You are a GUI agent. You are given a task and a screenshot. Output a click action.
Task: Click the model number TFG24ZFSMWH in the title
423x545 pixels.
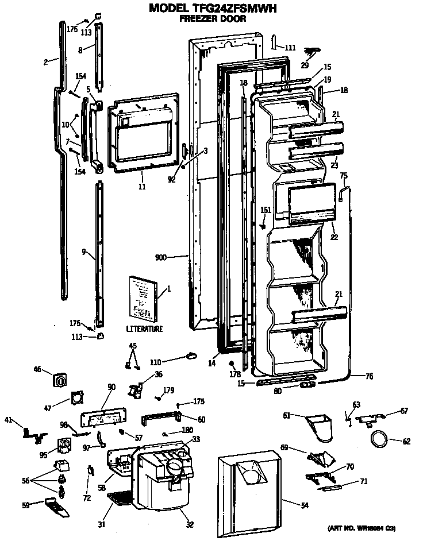point(236,8)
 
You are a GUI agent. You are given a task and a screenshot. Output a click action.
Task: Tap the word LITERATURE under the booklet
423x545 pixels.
point(144,329)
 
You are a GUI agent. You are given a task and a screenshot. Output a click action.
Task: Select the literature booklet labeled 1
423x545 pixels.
point(141,297)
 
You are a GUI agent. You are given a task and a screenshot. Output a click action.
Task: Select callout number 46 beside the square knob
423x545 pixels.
point(37,369)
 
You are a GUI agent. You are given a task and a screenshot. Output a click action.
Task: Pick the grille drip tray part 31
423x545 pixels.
point(121,498)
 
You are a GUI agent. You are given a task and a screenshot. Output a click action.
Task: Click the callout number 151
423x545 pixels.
point(265,210)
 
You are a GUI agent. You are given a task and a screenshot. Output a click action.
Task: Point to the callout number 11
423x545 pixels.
point(141,187)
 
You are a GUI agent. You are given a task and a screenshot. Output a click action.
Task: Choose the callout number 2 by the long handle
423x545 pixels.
point(45,61)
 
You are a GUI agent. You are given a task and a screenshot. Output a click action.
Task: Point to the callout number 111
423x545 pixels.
point(290,48)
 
